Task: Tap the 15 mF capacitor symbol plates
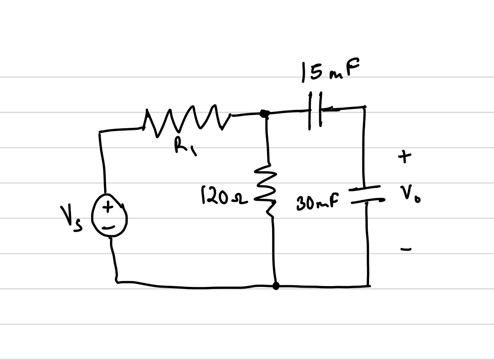tap(315, 111)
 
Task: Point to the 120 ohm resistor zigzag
tap(270, 190)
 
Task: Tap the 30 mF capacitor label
tap(317, 203)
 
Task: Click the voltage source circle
tap(109, 216)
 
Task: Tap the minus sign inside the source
tap(108, 227)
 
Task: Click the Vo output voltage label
tap(409, 194)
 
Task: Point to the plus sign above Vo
tap(404, 157)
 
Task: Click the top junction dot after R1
tap(264, 113)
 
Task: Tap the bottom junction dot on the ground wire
tap(276, 286)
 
